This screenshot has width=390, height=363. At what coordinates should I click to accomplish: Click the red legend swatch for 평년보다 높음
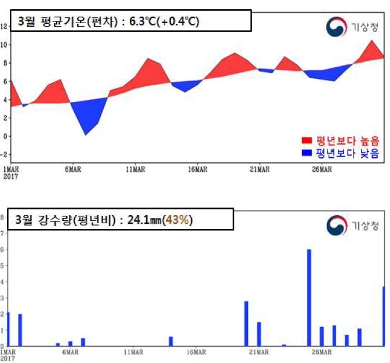[x=307, y=140]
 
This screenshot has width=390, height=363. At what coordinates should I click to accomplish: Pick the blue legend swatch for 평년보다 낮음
[x=307, y=153]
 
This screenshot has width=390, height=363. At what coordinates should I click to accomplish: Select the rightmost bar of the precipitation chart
[x=383, y=316]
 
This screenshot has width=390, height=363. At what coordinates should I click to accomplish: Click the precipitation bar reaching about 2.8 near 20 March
[x=246, y=323]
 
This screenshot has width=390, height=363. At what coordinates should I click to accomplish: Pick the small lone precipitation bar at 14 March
[x=171, y=341]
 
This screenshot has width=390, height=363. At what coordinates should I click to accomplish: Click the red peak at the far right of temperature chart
[x=373, y=49]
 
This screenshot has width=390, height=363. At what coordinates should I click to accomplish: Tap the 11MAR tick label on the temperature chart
[x=134, y=169]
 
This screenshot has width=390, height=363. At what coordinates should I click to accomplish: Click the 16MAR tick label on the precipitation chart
[x=196, y=351]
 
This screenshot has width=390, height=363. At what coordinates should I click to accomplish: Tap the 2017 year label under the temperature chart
[x=10, y=176]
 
